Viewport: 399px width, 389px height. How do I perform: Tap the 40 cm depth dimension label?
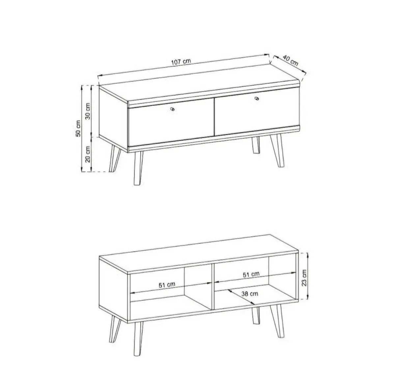(291, 61)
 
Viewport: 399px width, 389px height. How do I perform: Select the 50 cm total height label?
(78, 129)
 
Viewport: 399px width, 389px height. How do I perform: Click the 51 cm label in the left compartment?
(167, 285)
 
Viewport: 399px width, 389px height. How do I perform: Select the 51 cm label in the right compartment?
(251, 274)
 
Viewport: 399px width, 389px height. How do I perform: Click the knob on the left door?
(172, 109)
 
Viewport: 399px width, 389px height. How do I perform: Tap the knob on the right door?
(257, 98)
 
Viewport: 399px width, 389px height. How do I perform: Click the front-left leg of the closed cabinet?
(138, 168)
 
